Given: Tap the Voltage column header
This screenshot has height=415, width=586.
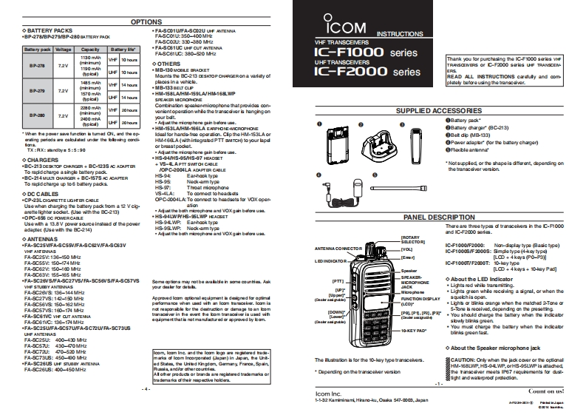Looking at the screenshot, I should coord(63,48).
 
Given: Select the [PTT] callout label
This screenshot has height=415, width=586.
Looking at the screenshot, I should coord(339,282).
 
